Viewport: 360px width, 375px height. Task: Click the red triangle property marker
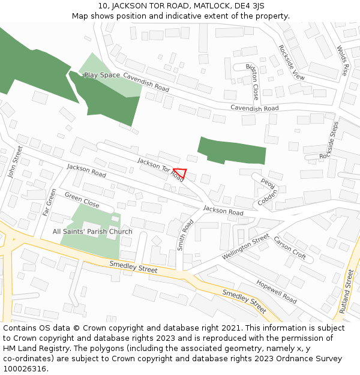click(181, 174)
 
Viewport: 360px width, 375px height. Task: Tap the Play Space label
click(102, 75)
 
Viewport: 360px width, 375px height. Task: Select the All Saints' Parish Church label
click(92, 232)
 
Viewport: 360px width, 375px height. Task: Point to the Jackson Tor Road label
click(160, 169)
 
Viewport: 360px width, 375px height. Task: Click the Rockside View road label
click(292, 62)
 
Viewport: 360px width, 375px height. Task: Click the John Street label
click(15, 162)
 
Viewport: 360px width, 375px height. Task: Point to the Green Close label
click(82, 200)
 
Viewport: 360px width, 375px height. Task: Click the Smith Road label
click(185, 235)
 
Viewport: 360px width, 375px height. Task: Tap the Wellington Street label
click(246, 247)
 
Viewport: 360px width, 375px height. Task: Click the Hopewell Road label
click(276, 291)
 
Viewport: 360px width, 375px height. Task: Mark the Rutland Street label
click(347, 291)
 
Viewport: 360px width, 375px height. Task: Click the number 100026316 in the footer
click(23, 369)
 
